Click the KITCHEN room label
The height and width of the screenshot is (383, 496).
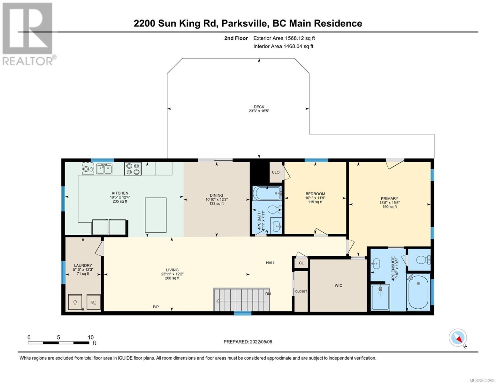(x=120, y=193)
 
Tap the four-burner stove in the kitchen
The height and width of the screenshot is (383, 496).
(x=133, y=169)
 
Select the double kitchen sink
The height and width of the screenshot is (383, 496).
(x=104, y=169)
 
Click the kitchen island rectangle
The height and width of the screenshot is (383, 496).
(x=156, y=215)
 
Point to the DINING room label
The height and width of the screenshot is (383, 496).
(x=217, y=195)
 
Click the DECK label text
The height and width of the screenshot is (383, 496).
(x=259, y=107)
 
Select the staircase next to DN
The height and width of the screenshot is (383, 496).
(x=241, y=299)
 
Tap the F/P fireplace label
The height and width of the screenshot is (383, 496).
(x=156, y=307)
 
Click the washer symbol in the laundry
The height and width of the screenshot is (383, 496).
(x=75, y=302)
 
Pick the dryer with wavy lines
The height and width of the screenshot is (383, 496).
(x=94, y=302)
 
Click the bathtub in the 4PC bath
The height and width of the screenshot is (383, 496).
(x=267, y=193)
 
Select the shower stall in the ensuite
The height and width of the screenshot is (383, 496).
(x=380, y=297)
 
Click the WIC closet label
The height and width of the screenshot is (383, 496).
(x=338, y=285)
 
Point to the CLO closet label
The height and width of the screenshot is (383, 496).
(x=276, y=172)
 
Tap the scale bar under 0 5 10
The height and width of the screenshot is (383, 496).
(x=58, y=343)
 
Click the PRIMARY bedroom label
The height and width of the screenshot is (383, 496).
(x=389, y=199)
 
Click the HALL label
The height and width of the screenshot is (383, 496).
(x=271, y=263)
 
